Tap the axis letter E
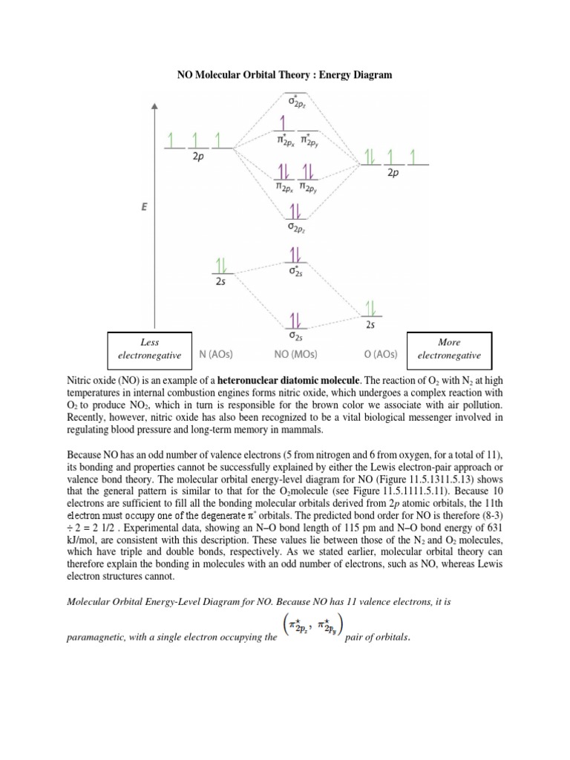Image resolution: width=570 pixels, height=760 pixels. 145,209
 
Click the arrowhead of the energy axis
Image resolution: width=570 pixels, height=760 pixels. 154,109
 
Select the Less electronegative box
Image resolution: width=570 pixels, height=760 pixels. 149,349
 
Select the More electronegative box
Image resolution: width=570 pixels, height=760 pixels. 449,349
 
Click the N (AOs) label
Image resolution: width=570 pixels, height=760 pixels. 218,354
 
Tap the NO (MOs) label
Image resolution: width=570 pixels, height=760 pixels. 295,354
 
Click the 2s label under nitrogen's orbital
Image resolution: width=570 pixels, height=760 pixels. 220,282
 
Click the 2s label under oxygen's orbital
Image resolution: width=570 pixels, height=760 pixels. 370,324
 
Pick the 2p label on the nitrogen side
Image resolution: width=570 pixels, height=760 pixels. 197,157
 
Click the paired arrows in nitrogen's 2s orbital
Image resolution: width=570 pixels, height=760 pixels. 220,266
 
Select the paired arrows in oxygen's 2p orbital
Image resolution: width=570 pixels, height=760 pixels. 369,156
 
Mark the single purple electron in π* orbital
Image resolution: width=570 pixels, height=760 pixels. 281,122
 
